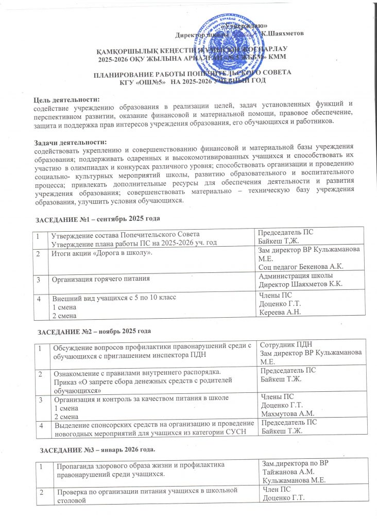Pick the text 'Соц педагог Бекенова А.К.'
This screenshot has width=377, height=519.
301,266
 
